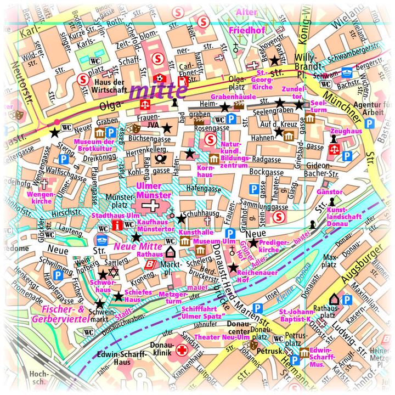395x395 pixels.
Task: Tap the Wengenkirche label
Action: coord(42,198)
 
